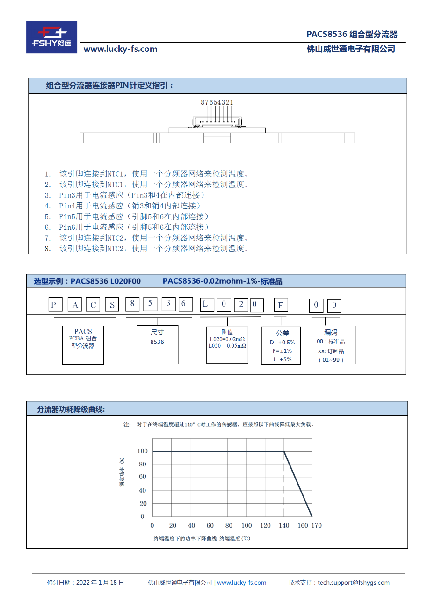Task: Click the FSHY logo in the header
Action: point(51,37)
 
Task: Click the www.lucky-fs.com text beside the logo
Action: point(120,49)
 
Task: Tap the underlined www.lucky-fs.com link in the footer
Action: point(241,583)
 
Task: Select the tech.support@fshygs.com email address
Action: point(353,583)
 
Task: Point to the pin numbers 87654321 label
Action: point(217,102)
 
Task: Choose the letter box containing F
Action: point(281,305)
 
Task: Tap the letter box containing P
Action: point(56,305)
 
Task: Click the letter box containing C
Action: point(93,305)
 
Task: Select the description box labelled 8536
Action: point(157,344)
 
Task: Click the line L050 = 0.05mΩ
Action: point(227,346)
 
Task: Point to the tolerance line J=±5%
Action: point(282,359)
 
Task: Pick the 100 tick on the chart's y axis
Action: point(143,451)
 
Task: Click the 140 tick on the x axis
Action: point(284,525)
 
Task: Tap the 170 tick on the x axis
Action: point(317,525)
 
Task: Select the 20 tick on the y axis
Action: point(143,504)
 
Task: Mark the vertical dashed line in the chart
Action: point(284,486)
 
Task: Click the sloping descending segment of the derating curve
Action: point(298,485)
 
